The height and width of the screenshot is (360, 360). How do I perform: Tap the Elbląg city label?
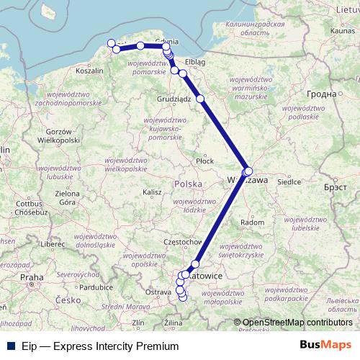tap(196, 62)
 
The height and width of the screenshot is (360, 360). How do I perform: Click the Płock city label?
tap(205, 161)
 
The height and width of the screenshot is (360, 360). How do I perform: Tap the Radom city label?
tap(254, 222)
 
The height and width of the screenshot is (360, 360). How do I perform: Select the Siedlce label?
tap(289, 182)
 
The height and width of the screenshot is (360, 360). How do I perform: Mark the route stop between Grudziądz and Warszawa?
tap(200, 99)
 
